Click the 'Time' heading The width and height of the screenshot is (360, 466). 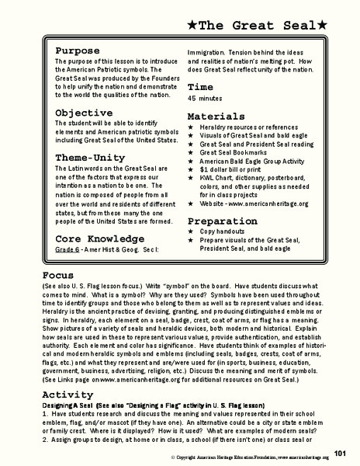point(200,87)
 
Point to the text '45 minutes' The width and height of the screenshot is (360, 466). point(205,99)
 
